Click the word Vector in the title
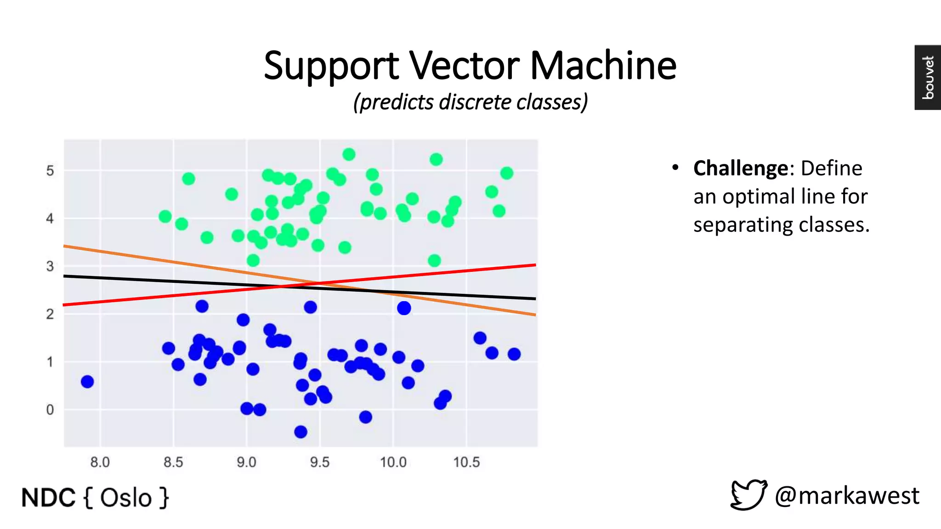[464, 65]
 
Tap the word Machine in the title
[603, 65]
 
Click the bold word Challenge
[741, 169]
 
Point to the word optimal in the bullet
[750, 197]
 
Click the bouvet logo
[928, 77]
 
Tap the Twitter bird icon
[748, 495]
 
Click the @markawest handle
[846, 496]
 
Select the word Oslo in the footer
[125, 498]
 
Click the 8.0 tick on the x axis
[100, 462]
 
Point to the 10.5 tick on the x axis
[466, 462]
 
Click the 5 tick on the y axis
[50, 171]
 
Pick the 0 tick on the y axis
[50, 410]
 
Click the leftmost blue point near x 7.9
[87, 382]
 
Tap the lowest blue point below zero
[300, 432]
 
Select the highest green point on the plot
[349, 154]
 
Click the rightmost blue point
[514, 354]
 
